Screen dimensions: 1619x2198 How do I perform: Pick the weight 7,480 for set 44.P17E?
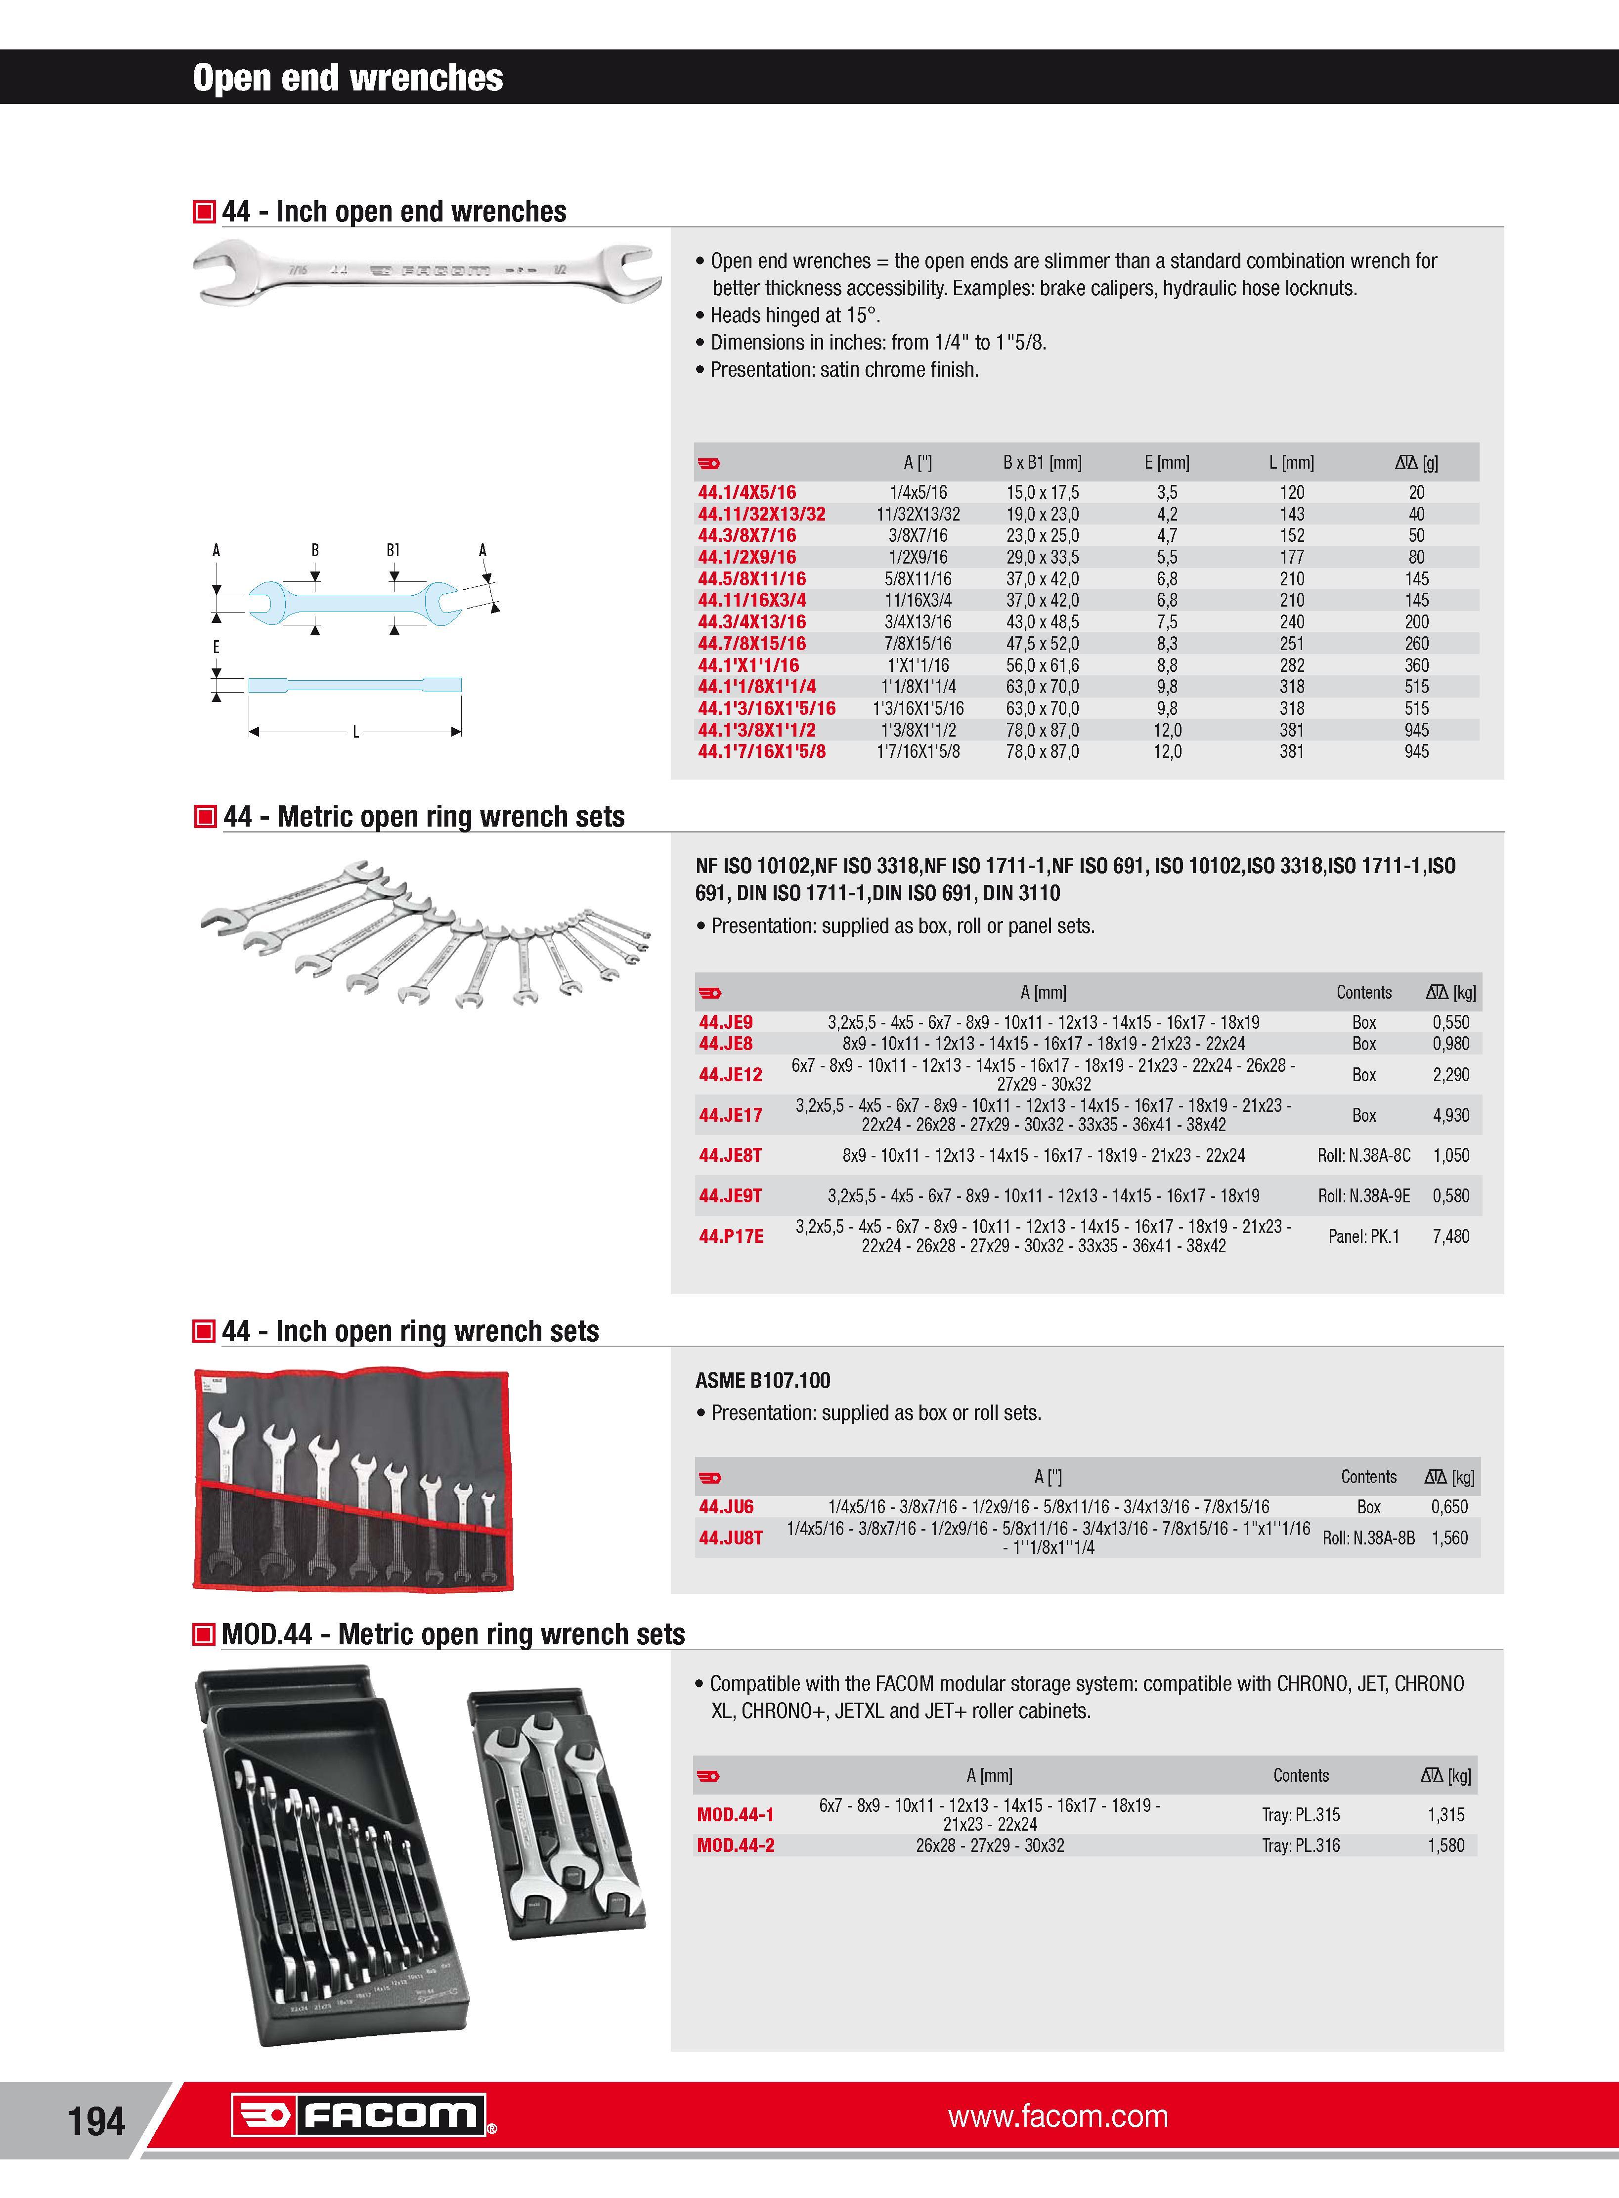tap(1450, 1236)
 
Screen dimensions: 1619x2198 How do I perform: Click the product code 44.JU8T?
tap(730, 1538)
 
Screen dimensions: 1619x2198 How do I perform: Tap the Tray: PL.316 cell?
tap(1301, 1845)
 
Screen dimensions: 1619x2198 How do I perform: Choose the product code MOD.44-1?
tap(735, 1815)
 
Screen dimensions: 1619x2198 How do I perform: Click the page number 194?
tap(96, 2121)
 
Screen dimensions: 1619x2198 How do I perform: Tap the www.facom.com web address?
tap(1057, 2116)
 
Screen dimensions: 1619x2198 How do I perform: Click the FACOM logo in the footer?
tap(363, 2116)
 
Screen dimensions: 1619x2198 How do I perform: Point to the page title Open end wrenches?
tap(348, 78)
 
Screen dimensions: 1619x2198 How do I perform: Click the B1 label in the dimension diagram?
tap(393, 551)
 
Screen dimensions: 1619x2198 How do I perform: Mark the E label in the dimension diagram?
tap(216, 647)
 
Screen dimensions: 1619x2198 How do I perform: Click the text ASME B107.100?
tap(762, 1381)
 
